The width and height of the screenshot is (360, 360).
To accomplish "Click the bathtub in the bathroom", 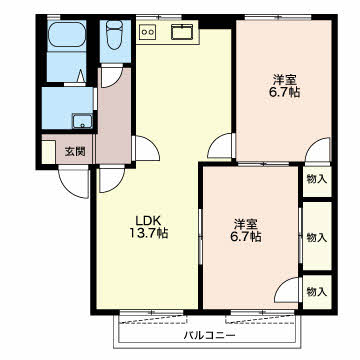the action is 67,34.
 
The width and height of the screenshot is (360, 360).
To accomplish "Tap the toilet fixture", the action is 115,34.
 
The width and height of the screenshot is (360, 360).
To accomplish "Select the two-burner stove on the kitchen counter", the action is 148,32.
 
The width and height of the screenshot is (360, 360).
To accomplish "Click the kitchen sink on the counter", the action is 183,32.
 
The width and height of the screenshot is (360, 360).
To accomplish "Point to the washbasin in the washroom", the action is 83,121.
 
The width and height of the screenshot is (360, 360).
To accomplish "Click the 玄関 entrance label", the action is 75,152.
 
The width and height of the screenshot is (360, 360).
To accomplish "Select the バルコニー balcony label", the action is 210,335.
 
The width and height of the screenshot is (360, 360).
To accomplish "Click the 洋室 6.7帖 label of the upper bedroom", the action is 284,86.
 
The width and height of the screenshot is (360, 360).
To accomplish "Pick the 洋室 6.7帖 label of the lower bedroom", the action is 246,230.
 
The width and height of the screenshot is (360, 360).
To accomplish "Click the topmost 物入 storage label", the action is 317,179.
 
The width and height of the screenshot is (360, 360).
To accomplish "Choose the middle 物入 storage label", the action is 317,237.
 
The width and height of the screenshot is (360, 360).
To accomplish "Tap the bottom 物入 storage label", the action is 317,292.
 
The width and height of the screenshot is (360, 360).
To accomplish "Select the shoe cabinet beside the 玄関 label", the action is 49,152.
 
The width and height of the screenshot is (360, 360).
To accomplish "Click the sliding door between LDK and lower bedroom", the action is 200,237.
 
